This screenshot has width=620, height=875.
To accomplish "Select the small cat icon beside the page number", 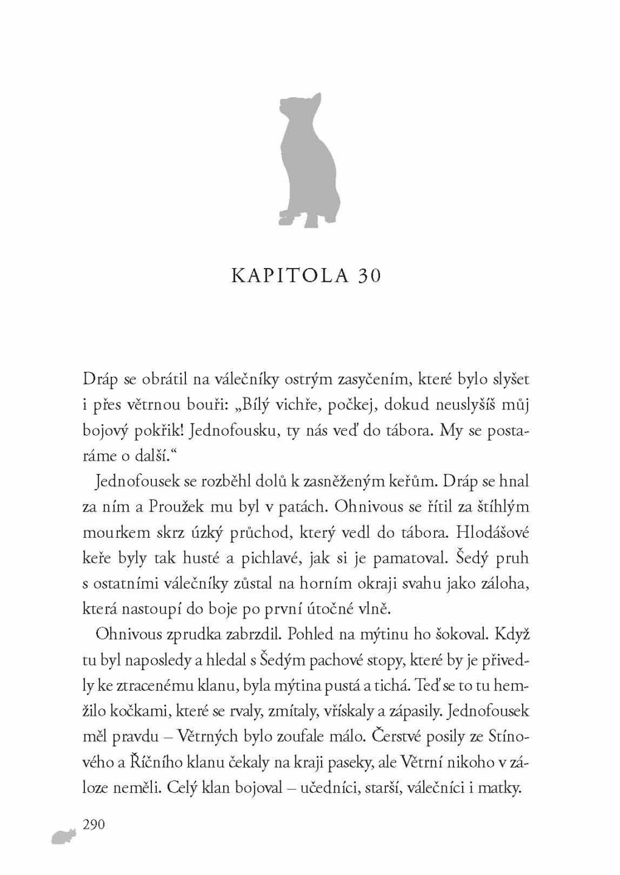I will pyautogui.click(x=64, y=837).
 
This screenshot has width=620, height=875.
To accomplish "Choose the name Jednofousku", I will pyautogui.click(x=234, y=430).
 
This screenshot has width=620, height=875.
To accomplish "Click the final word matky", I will pyautogui.click(x=501, y=788).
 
